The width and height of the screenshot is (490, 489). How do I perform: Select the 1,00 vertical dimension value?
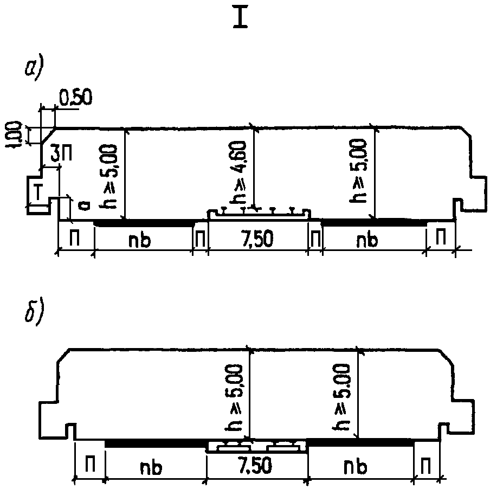coord(16,134)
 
